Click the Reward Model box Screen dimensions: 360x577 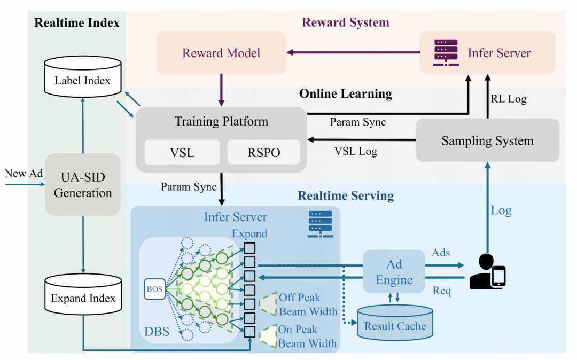pyautogui.click(x=221, y=52)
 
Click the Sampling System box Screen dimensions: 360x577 pyautogui.click(x=487, y=140)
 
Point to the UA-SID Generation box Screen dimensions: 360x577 pyautogui.click(x=83, y=185)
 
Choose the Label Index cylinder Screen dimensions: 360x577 pyautogui.click(x=82, y=80)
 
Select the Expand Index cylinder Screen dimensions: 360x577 pyautogui.click(x=83, y=298)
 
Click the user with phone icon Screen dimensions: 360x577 pyautogui.click(x=487, y=272)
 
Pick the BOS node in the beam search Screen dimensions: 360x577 pyautogui.click(x=154, y=289)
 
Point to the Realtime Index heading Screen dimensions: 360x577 pyautogui.click(x=77, y=22)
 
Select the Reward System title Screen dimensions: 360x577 pyautogui.click(x=346, y=22)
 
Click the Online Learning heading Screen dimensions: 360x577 pyautogui.click(x=346, y=94)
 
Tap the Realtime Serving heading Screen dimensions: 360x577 pyautogui.click(x=346, y=195)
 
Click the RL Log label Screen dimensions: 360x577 pyautogui.click(x=508, y=98)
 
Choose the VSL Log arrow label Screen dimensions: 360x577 pyautogui.click(x=356, y=151)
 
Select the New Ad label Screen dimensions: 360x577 pyautogui.click(x=24, y=173)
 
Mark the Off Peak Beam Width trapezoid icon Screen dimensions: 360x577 pyautogui.click(x=268, y=303)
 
